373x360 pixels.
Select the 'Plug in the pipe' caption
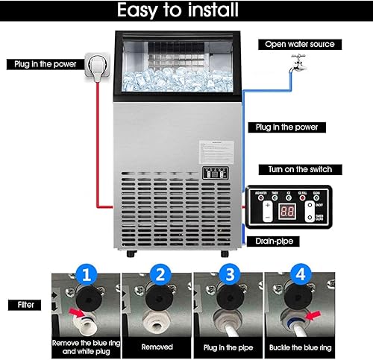(x=228, y=347)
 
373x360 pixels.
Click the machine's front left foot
(x=132, y=256)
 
